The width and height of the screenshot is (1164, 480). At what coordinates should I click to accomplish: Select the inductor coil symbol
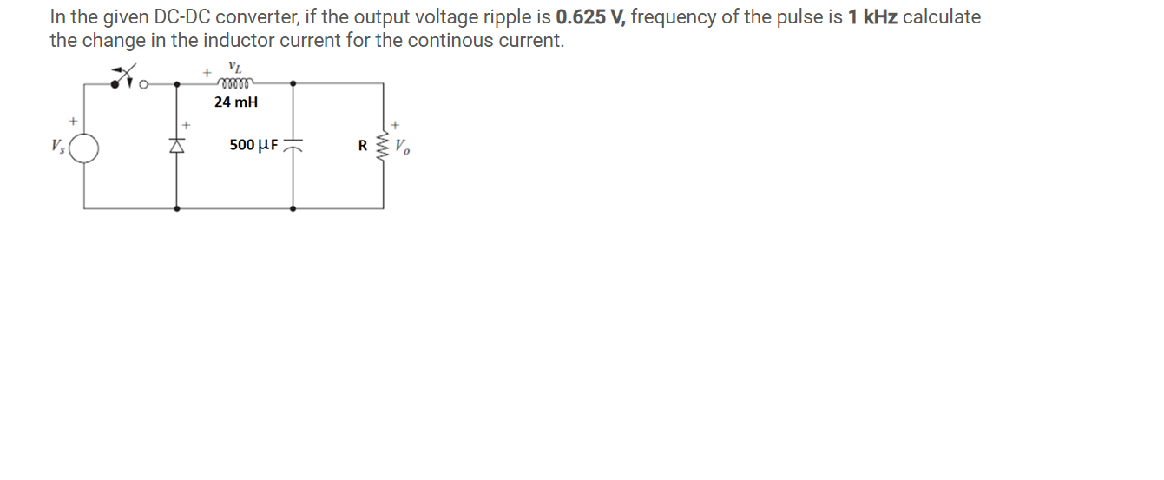point(235,84)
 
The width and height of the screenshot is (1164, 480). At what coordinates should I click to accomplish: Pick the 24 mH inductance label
point(236,102)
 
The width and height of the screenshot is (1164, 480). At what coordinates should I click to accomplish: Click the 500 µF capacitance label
point(253,145)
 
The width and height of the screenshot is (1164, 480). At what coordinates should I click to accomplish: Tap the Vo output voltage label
point(403,148)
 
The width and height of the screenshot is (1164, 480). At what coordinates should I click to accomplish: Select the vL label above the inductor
point(234,66)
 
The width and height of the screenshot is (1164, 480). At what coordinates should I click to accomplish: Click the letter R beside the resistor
point(363,146)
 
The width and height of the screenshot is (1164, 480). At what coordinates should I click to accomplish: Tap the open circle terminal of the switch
point(146,84)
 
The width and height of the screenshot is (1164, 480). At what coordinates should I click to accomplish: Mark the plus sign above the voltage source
point(74,120)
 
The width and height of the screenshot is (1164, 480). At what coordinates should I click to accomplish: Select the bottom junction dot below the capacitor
point(293,208)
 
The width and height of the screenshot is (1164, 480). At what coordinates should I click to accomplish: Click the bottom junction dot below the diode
point(177,208)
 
